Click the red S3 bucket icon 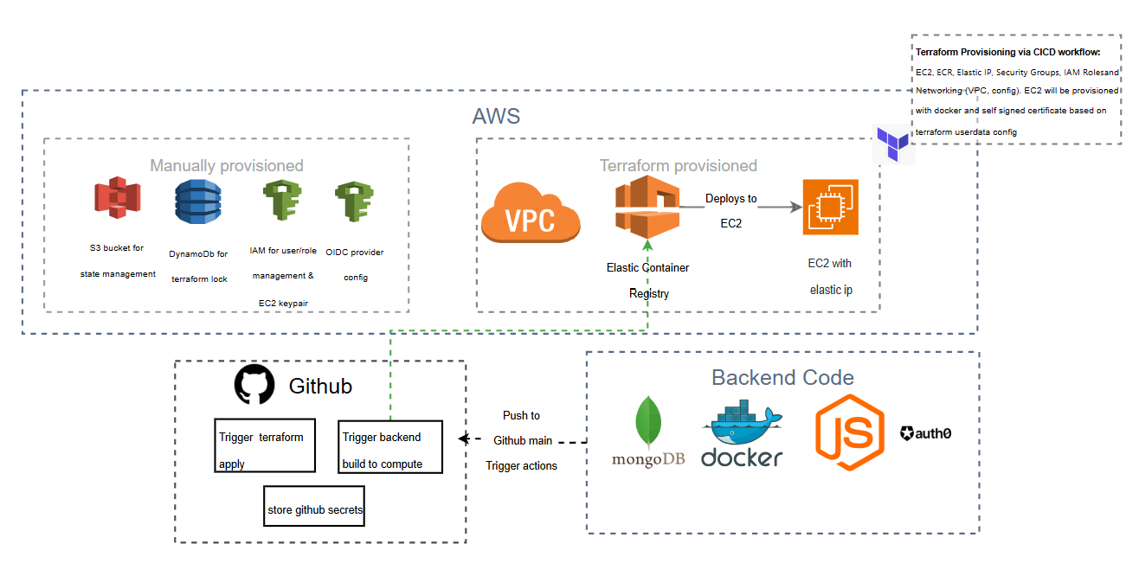click(x=117, y=198)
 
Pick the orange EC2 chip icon click(x=830, y=207)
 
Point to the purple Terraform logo click(x=892, y=144)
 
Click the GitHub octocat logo click(x=254, y=385)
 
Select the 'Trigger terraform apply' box click(x=265, y=446)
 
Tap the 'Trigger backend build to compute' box click(x=390, y=446)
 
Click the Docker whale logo click(x=742, y=432)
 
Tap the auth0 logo click(x=925, y=433)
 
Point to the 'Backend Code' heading click(x=782, y=377)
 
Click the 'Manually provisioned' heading click(x=227, y=165)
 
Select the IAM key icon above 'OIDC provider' click(x=354, y=202)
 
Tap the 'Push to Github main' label click(x=522, y=428)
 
